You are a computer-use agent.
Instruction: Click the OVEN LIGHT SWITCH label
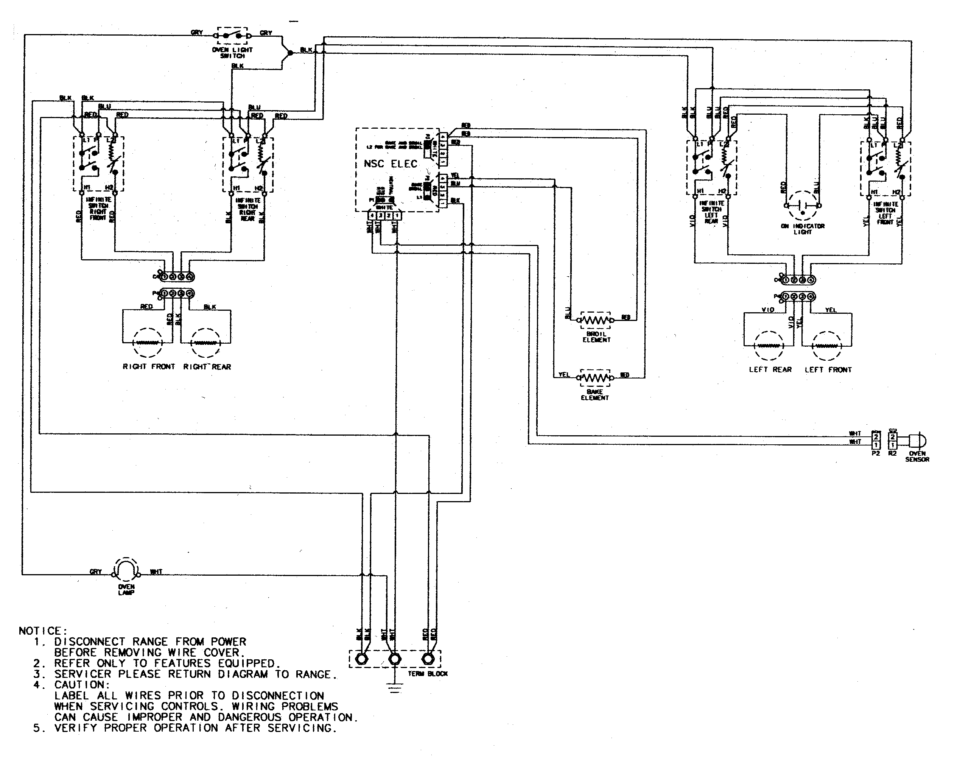(232, 53)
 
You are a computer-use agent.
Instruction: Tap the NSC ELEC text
(390, 164)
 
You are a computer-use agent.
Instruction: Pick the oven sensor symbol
(917, 441)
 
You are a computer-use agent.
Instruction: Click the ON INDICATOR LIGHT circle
(803, 206)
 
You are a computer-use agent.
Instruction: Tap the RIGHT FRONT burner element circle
(148, 343)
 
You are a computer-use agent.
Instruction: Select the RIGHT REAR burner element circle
(206, 343)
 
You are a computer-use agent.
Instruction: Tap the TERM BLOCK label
(427, 673)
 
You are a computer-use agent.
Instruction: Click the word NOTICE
(42, 631)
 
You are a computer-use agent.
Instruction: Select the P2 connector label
(876, 453)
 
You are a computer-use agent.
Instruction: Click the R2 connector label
(892, 453)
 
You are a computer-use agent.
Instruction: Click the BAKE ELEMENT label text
(594, 395)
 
